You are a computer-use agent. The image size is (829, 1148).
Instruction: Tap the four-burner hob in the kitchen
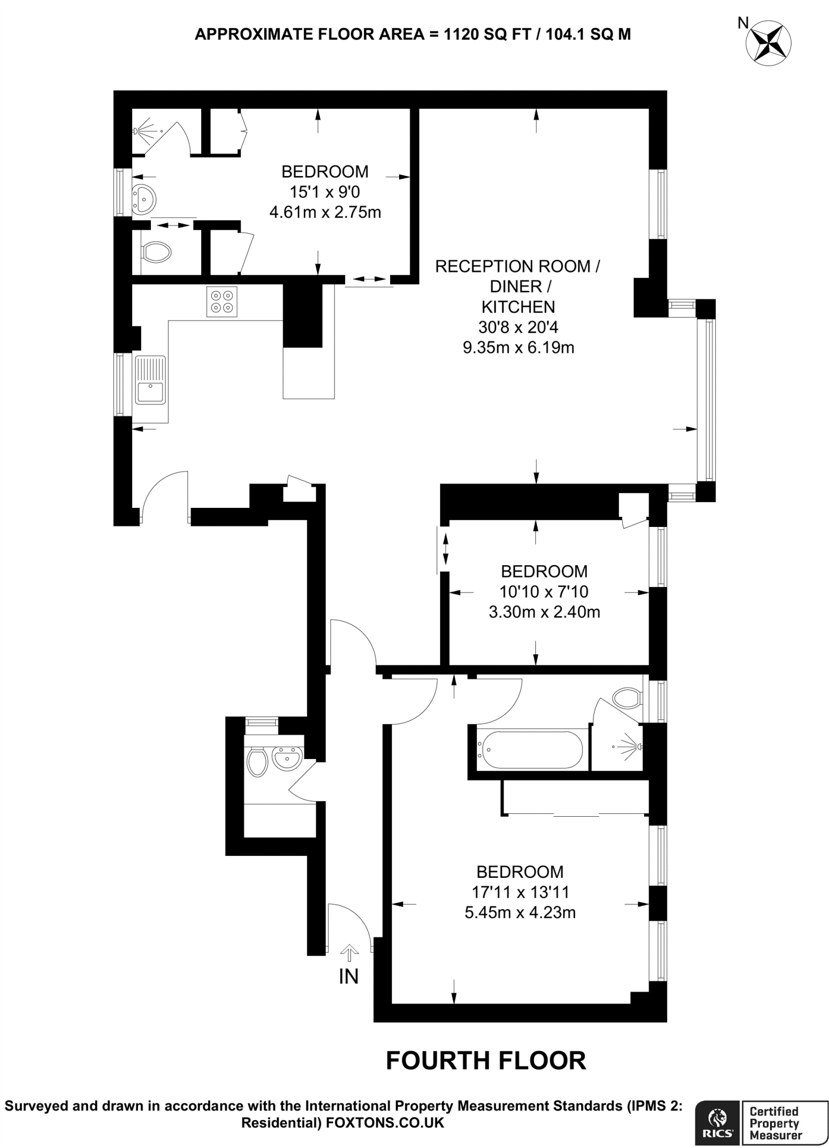(x=221, y=301)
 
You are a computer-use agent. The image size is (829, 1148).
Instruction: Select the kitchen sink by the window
(x=150, y=379)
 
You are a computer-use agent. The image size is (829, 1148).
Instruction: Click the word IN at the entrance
(x=349, y=977)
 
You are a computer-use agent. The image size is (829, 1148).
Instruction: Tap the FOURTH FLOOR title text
(x=486, y=1061)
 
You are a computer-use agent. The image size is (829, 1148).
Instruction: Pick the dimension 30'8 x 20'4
(x=518, y=327)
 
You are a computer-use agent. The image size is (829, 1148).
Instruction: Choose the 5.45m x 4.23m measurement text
(x=520, y=913)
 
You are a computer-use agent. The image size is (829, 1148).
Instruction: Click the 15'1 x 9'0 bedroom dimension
(x=325, y=192)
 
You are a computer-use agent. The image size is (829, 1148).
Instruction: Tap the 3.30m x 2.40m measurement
(x=544, y=612)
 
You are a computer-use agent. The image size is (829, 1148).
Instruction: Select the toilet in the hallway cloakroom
(x=257, y=763)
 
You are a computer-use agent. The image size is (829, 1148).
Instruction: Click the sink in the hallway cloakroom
(x=287, y=758)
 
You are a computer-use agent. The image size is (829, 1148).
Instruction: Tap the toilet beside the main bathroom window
(x=627, y=698)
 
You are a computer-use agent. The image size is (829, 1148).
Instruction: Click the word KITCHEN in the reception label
(x=518, y=307)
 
